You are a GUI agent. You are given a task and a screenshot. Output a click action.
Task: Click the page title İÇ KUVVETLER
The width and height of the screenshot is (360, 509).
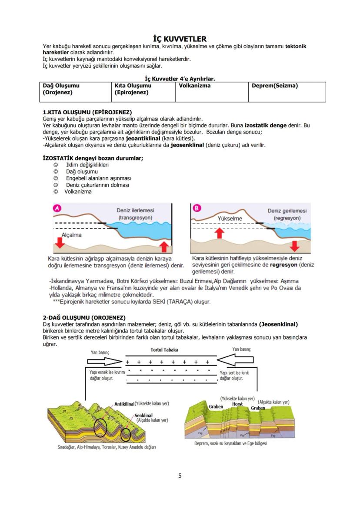(x=180, y=39)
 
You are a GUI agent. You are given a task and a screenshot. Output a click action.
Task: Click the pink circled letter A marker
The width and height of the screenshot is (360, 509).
(x=57, y=208)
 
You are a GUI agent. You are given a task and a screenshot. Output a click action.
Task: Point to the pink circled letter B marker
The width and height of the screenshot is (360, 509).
(x=197, y=208)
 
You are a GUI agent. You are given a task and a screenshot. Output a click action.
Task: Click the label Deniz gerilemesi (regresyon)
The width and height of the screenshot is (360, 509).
(x=287, y=214)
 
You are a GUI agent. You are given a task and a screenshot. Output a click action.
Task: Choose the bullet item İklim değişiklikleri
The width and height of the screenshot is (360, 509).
(x=87, y=165)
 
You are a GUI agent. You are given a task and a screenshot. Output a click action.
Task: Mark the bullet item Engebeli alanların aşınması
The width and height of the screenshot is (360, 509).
(x=98, y=178)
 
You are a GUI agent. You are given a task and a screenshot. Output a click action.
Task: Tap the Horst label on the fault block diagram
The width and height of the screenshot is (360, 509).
(x=237, y=404)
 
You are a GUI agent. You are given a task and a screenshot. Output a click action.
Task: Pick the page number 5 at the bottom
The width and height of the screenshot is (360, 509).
(x=180, y=476)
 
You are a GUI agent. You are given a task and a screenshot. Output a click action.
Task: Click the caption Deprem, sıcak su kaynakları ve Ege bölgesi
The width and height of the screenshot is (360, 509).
(x=230, y=443)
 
